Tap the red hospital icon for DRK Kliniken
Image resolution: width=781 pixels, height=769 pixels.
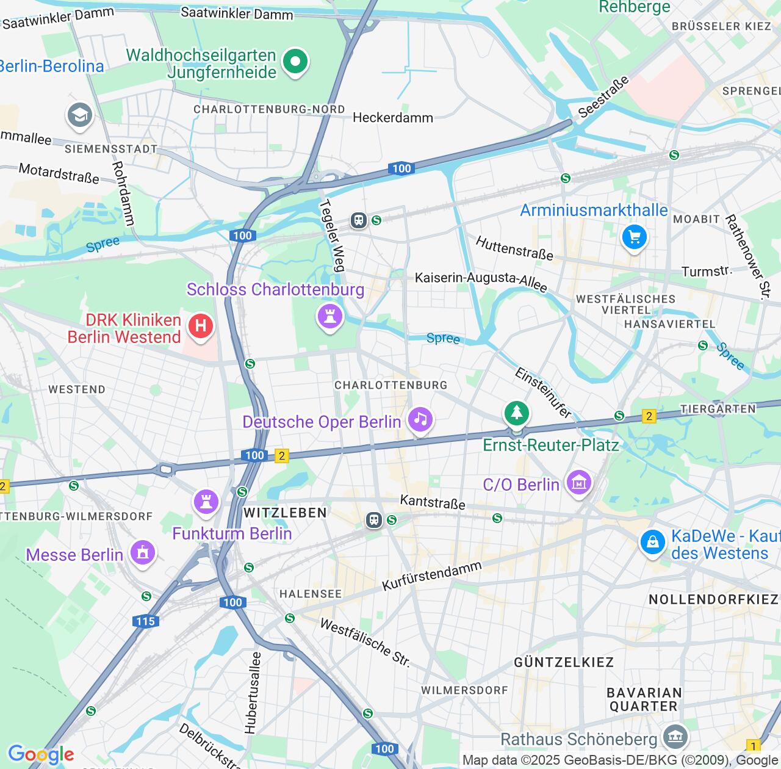(x=201, y=326)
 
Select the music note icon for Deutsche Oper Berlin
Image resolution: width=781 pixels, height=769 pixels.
(x=420, y=419)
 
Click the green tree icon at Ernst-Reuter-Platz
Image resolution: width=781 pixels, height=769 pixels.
(x=517, y=414)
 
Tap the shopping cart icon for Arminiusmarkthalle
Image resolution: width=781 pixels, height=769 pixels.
(x=634, y=237)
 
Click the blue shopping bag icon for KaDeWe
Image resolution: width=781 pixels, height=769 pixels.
(x=652, y=542)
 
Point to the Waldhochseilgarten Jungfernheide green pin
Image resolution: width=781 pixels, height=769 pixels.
(x=295, y=61)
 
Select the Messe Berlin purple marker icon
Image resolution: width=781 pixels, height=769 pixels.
(x=143, y=553)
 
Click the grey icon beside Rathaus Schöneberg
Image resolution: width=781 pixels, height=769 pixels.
(x=675, y=737)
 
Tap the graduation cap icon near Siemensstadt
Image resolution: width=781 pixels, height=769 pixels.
(x=80, y=115)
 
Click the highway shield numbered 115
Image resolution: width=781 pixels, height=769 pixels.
(x=145, y=621)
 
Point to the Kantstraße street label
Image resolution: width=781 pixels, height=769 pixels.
(x=433, y=502)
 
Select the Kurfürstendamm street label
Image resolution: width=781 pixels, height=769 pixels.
(x=431, y=576)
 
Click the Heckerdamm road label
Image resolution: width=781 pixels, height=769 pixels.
(x=393, y=117)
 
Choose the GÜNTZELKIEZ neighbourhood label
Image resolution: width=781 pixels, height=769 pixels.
(x=564, y=662)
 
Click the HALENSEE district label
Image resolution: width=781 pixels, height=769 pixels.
(x=311, y=594)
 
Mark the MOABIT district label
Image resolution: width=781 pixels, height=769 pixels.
(x=696, y=218)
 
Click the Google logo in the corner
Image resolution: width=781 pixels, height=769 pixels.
(x=41, y=754)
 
